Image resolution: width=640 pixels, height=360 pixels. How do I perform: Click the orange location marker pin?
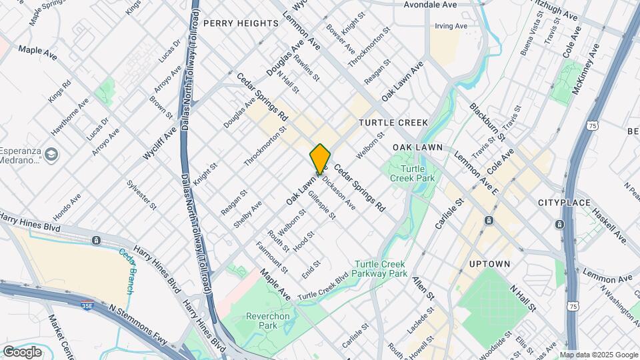click(x=321, y=158)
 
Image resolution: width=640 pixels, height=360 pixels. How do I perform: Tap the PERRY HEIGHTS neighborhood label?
click(x=241, y=23)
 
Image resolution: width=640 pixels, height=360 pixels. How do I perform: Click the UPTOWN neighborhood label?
click(x=489, y=264)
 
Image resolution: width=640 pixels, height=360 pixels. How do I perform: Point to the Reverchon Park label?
click(x=261, y=321)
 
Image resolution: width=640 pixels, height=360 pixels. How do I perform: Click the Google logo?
click(x=22, y=351)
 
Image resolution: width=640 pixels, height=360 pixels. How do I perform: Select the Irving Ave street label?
click(x=451, y=27)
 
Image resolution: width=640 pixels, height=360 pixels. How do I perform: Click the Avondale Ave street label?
click(x=431, y=5)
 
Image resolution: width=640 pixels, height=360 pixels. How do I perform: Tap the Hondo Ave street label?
click(x=67, y=207)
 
